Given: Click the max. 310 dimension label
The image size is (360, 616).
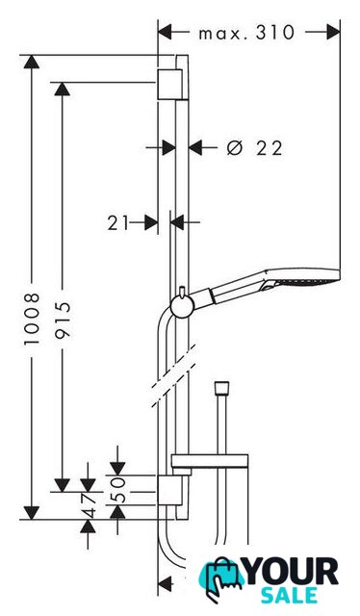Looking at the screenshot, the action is pyautogui.click(x=246, y=33).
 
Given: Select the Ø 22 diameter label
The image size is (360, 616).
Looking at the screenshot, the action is pyautogui.click(x=255, y=148).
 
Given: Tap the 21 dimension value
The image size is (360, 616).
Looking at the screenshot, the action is pyautogui.click(x=117, y=223).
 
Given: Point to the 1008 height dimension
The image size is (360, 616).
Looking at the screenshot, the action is pyautogui.click(x=32, y=319).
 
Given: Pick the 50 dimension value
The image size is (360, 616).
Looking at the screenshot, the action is pyautogui.click(x=118, y=490).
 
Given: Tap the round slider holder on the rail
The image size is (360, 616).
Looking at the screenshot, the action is pyautogui.click(x=182, y=306).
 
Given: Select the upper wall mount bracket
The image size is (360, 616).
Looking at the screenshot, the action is pyautogui.click(x=170, y=85).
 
